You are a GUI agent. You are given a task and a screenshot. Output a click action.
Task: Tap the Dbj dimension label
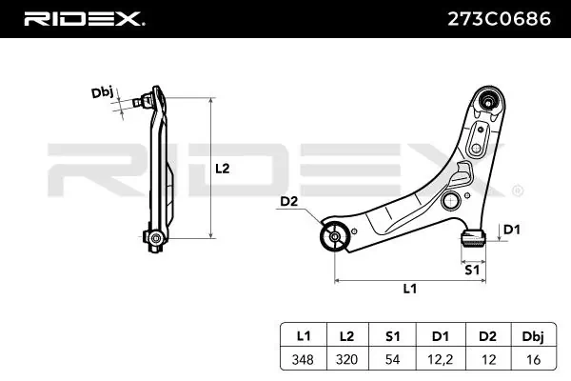102,92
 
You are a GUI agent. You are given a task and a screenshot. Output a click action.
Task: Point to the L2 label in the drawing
222,169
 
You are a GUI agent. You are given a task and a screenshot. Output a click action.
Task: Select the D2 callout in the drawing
289,200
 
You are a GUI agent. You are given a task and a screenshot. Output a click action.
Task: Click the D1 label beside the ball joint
510,229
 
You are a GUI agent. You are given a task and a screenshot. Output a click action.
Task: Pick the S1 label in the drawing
471,270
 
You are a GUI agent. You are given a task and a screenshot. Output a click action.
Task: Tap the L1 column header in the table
304,335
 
